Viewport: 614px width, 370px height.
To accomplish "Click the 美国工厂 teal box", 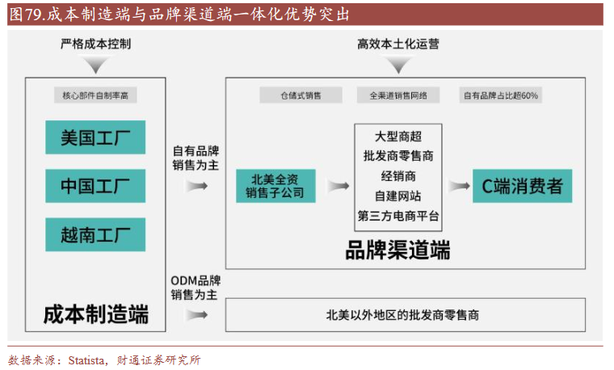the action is (x=95, y=137).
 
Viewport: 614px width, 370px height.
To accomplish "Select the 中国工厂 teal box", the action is (x=95, y=186).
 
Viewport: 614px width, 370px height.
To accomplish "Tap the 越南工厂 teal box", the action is (x=95, y=234).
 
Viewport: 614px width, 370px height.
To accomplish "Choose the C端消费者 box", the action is (x=522, y=186).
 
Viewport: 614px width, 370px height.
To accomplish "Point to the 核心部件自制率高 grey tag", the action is (x=95, y=95).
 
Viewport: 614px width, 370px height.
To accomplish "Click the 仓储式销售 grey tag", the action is (x=301, y=95).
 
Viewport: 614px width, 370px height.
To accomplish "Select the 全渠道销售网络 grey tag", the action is (x=398, y=95).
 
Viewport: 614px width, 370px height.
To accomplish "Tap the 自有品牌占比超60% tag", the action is (x=501, y=95).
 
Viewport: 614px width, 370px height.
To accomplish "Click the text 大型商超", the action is (x=398, y=137).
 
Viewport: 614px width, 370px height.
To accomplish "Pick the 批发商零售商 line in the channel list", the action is (x=398, y=156).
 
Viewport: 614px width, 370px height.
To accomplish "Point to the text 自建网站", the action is (x=398, y=196).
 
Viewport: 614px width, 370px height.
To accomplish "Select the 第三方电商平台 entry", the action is (x=398, y=216).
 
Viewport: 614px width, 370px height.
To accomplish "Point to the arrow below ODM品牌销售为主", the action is (x=195, y=315).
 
